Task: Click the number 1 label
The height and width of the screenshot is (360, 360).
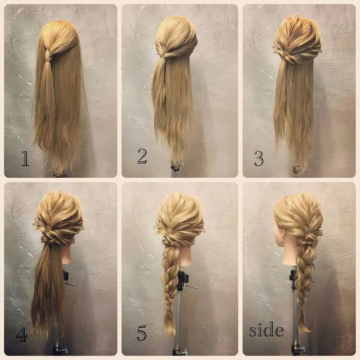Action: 25,159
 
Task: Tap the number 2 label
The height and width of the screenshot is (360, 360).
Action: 142,156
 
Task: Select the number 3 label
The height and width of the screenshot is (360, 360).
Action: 259,158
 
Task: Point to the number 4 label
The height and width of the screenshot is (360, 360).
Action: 22,334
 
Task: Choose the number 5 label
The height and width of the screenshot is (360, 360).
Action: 141,333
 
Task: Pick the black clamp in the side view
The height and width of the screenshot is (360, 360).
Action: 293,278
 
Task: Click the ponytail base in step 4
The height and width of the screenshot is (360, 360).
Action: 49,240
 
